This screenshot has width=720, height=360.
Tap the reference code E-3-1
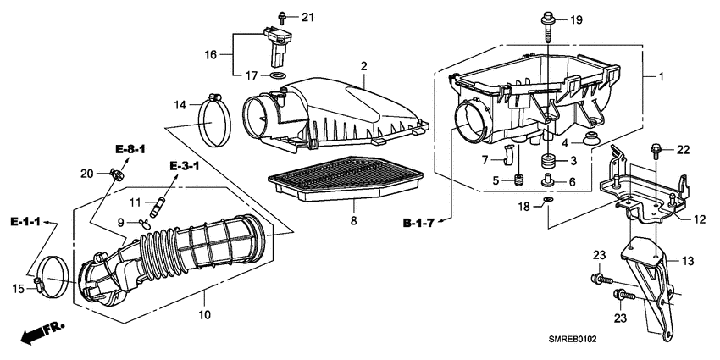(x=184, y=166)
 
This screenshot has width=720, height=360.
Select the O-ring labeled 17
(x=276, y=76)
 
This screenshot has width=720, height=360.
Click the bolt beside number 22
(x=655, y=151)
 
